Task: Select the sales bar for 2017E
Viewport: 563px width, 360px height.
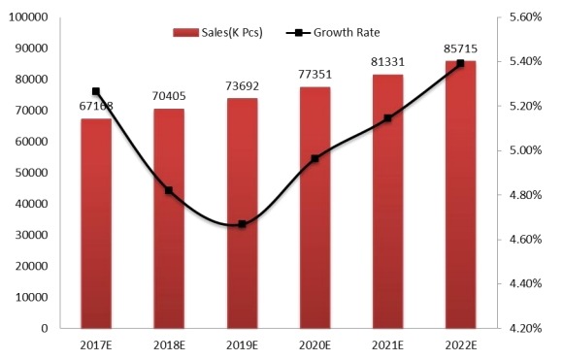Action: (x=96, y=223)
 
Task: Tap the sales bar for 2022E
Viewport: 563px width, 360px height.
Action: (x=460, y=194)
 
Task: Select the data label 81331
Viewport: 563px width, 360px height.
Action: (x=387, y=62)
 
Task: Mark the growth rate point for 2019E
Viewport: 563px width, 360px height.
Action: (x=242, y=224)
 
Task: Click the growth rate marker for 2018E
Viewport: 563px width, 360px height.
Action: (x=169, y=190)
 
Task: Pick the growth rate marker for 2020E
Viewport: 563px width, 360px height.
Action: (x=315, y=158)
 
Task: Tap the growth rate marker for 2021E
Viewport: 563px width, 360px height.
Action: (x=387, y=118)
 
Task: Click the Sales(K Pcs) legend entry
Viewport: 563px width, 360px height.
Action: (x=223, y=32)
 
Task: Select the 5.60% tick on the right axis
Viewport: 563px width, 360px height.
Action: (x=525, y=17)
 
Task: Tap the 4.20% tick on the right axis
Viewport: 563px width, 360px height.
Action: (x=525, y=329)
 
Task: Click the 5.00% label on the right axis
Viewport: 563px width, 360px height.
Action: (x=525, y=150)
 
